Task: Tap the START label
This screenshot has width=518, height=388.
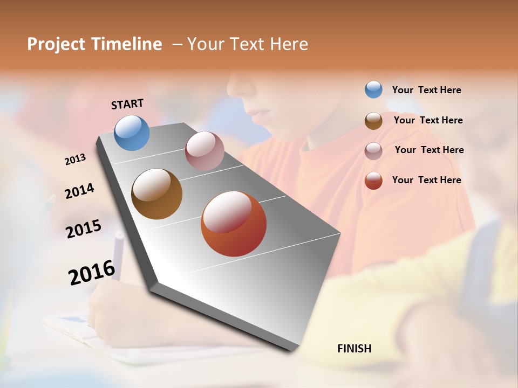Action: click(x=127, y=104)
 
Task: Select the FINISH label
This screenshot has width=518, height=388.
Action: click(x=355, y=349)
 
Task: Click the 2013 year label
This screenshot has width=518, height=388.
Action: click(x=76, y=160)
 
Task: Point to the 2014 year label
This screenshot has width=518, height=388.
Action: click(x=80, y=191)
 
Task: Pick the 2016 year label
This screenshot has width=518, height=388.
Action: click(x=92, y=273)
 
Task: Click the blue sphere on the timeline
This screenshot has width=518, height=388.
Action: click(x=132, y=133)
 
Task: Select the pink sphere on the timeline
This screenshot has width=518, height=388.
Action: click(x=205, y=151)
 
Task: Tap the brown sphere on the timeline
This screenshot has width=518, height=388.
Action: click(x=157, y=194)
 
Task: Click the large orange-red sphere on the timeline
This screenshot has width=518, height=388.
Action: click(x=234, y=224)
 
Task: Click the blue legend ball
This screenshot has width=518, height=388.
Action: click(x=373, y=89)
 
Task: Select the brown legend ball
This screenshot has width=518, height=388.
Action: click(x=373, y=121)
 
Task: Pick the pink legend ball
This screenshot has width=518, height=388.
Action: click(x=373, y=151)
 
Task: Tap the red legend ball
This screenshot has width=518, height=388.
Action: click(x=373, y=181)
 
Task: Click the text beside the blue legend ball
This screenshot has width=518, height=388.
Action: click(x=426, y=91)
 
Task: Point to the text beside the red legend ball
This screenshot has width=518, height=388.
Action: click(x=426, y=180)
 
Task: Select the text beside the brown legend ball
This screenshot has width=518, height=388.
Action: click(x=428, y=120)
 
